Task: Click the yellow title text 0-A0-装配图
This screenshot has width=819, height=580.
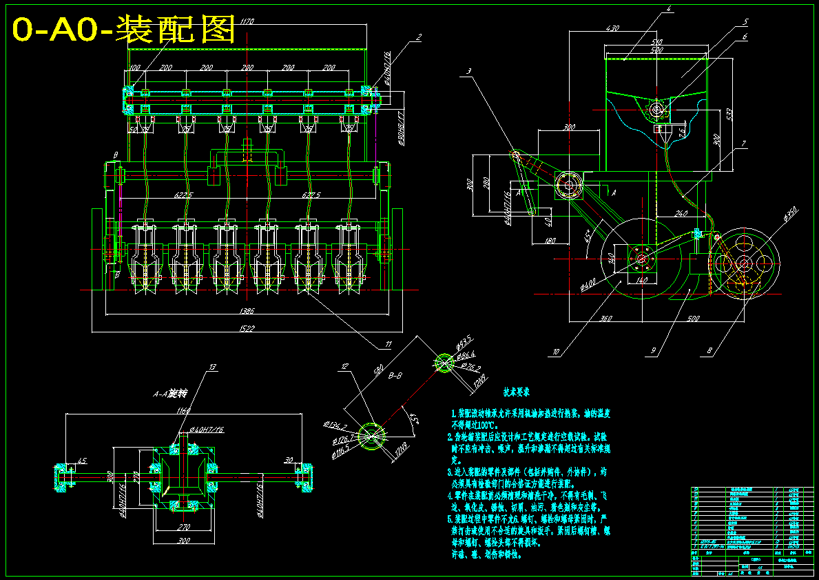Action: pos(125,30)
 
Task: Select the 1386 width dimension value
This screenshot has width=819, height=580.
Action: pos(246,312)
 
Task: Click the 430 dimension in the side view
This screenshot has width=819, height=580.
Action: pos(612,29)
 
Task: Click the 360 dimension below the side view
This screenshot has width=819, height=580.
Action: pos(606,319)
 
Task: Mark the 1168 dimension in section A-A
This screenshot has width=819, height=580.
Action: pos(183,412)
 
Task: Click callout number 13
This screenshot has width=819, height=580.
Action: pos(213,366)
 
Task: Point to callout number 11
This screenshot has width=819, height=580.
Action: pos(388,344)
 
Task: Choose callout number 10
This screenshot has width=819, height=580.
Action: pos(555,352)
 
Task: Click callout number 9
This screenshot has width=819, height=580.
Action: pos(652,351)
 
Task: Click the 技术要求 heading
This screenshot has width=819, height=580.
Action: pos(517,391)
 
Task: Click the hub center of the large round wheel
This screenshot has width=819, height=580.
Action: pos(641,259)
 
